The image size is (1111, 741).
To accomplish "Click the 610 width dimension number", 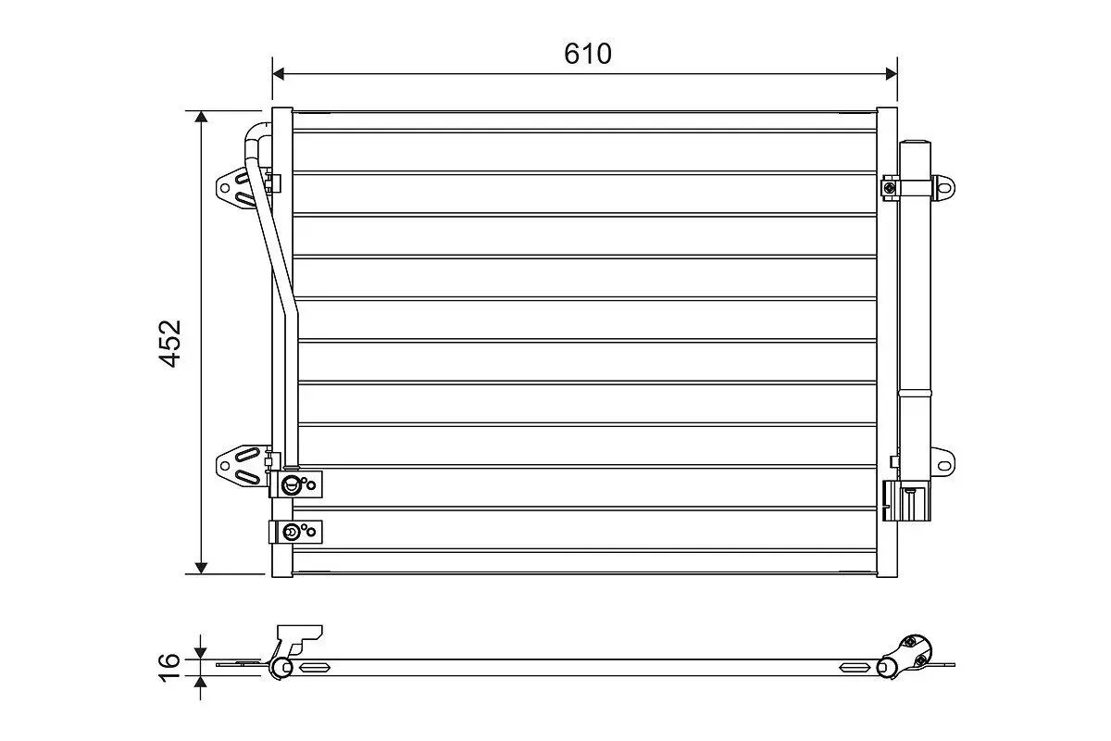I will point(588,55).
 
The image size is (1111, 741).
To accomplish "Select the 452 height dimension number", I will point(170,343).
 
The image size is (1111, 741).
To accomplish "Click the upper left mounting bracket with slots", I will point(236,190).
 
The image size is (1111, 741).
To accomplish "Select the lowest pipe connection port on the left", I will point(293,531).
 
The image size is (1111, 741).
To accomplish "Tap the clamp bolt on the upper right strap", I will point(890,188).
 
